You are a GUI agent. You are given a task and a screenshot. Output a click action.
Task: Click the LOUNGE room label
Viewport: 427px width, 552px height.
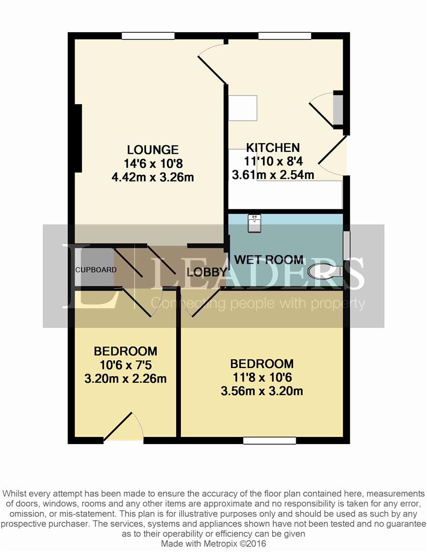coord(153,150)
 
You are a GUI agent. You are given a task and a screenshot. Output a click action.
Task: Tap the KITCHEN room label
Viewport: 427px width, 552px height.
coord(273,148)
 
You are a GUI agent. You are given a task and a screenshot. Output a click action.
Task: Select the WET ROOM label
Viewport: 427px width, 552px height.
coord(269,260)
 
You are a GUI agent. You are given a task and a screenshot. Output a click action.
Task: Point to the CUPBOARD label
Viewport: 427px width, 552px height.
coord(96,270)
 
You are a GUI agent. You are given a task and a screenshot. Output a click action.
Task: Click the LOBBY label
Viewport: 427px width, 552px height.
coord(207,272)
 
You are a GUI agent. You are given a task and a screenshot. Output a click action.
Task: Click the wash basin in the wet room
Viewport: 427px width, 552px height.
coord(254,223)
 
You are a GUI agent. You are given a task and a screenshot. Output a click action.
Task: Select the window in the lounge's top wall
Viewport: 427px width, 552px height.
coord(148,36)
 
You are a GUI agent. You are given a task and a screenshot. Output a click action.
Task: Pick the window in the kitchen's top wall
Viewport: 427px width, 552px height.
coord(284,36)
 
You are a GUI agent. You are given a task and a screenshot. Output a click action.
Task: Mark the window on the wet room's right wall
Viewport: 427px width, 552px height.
coord(346,244)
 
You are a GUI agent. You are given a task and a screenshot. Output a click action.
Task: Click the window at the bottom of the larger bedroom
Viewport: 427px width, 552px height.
coord(269,441)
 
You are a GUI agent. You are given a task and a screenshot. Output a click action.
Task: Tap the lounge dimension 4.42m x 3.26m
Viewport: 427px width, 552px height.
coord(153,177)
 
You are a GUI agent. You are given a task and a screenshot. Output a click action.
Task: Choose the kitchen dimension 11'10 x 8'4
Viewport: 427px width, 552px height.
coord(273,161)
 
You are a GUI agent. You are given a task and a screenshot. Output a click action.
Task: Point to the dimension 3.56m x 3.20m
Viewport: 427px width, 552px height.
coord(262,391)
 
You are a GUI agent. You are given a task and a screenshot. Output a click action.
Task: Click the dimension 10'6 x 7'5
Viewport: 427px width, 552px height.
coord(126,365)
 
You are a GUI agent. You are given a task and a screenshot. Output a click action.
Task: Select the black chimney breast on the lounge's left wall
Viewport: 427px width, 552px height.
coord(78,138)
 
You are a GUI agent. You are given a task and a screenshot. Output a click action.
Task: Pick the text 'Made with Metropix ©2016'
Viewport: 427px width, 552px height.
coord(213,544)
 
